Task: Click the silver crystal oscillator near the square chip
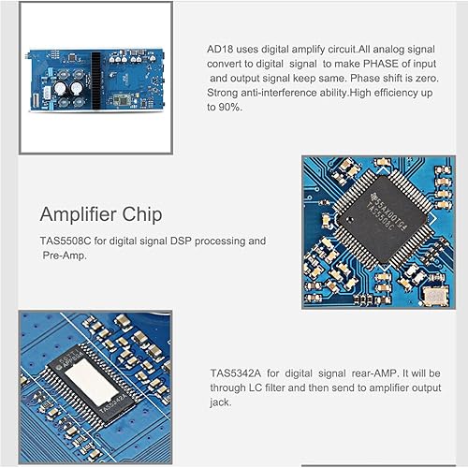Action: [432, 297]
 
